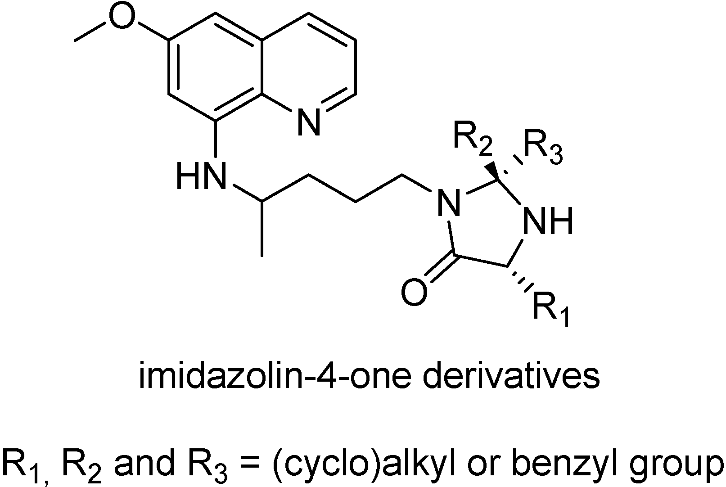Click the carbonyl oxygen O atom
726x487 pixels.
click(x=414, y=293)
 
